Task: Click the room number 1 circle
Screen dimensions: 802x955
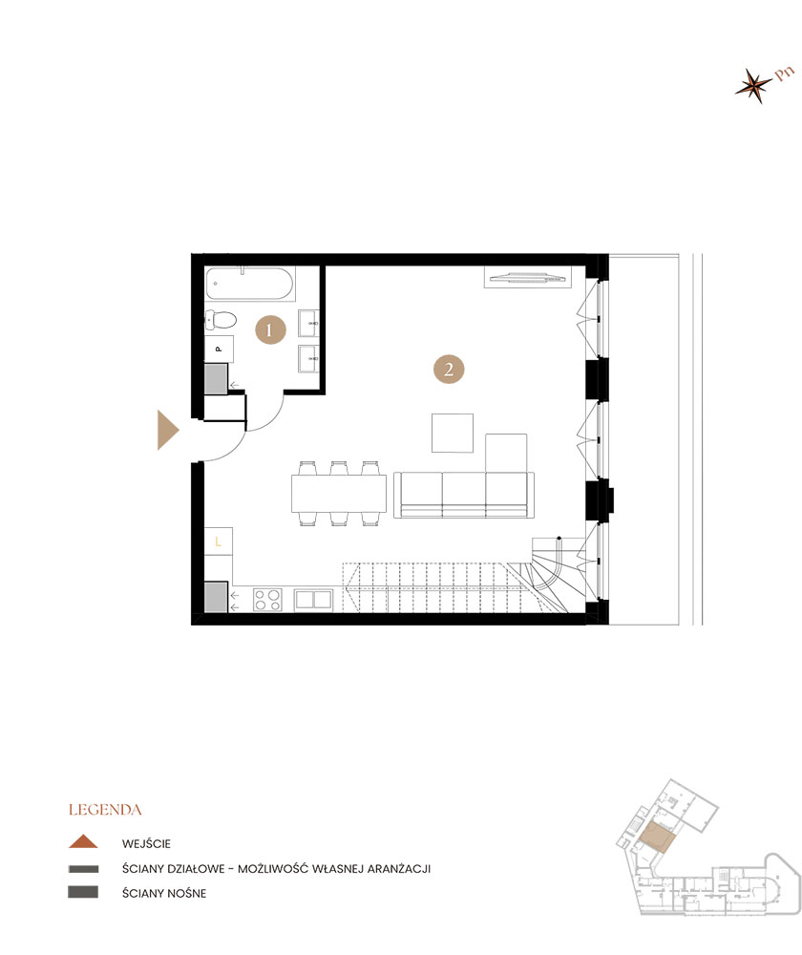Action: tap(270, 330)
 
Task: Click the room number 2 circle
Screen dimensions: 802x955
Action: tap(449, 369)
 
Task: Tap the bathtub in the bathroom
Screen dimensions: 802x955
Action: tap(249, 284)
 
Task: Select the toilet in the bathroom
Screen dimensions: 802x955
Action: tap(221, 319)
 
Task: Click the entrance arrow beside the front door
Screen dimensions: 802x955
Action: tap(167, 430)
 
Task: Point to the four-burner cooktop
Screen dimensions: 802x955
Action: tap(267, 600)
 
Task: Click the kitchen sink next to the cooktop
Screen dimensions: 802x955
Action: tap(313, 600)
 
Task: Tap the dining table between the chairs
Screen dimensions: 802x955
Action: tap(339, 494)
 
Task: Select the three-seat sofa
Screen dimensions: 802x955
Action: tap(463, 495)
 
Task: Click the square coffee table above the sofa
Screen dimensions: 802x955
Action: tap(453, 433)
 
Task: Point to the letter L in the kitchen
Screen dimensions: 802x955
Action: tap(218, 541)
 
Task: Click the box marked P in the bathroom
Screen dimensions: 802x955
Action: tap(219, 349)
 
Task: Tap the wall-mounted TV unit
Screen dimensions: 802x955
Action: tap(527, 277)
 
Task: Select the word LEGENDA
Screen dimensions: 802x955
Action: tap(105, 810)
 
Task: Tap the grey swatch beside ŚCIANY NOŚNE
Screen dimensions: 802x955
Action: tap(83, 892)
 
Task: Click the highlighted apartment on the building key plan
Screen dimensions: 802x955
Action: tap(657, 837)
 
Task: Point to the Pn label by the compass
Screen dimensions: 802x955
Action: tap(785, 74)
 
